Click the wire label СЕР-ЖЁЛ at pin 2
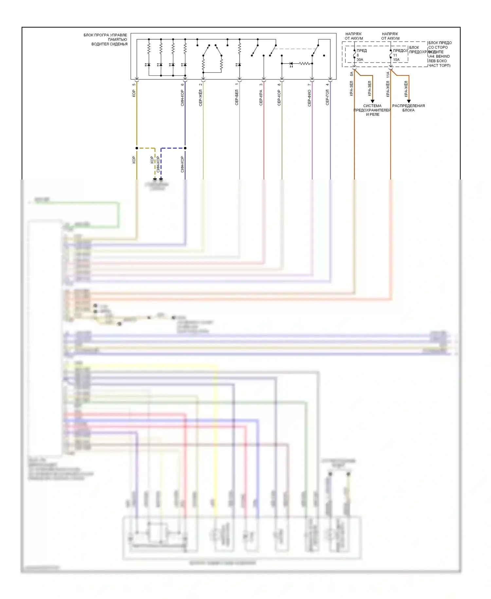(200, 98)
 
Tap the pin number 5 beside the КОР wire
(134, 85)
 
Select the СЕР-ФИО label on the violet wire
(309, 98)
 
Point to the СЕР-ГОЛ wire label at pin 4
(327, 97)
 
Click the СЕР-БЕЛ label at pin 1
(237, 97)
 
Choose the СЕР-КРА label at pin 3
(261, 98)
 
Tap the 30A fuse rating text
(360, 60)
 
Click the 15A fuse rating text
(396, 60)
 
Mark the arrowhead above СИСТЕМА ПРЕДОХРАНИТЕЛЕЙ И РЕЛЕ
(373, 101)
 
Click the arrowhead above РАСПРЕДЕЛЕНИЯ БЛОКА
(409, 101)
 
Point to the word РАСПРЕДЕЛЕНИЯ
(409, 106)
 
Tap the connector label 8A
(352, 74)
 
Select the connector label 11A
(388, 74)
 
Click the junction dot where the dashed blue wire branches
(185, 148)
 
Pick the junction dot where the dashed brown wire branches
(137, 148)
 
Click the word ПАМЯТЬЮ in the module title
(118, 40)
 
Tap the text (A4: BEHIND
(439, 56)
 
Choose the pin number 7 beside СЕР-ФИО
(309, 85)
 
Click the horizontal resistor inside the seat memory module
(304, 64)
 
